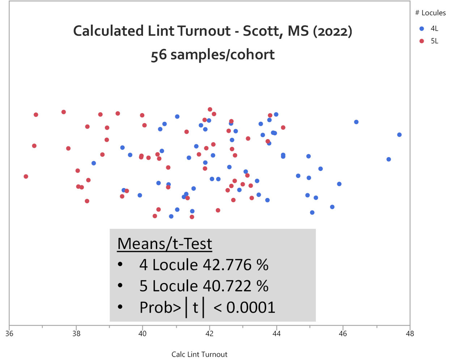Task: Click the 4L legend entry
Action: point(430,29)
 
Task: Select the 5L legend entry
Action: point(430,41)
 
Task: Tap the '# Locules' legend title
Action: point(430,13)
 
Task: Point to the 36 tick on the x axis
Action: point(9,333)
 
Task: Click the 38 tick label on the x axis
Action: point(76,333)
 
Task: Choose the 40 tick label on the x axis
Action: point(143,333)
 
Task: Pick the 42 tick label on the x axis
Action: point(209,333)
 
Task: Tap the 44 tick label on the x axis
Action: point(276,333)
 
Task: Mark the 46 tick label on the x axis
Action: point(343,333)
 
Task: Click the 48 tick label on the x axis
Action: point(409,333)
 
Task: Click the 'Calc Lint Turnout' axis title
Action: point(199,354)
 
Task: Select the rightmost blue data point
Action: point(399,135)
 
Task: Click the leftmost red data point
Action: point(26,176)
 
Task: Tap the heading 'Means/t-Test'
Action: point(165,244)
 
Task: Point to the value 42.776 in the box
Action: point(227,265)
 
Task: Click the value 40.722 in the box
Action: point(227,286)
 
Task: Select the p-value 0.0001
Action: point(251,308)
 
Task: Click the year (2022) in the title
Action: point(332,31)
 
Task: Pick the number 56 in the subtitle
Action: point(158,55)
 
